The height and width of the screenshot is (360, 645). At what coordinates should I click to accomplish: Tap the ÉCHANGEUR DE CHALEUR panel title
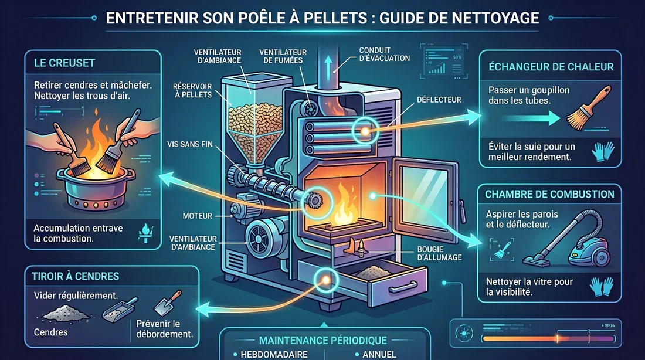point(551,66)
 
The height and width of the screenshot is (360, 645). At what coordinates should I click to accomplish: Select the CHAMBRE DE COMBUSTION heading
point(549,194)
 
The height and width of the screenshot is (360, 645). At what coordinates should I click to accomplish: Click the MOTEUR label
point(198,216)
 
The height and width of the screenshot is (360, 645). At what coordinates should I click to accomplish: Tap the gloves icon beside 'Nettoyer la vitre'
point(599,285)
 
